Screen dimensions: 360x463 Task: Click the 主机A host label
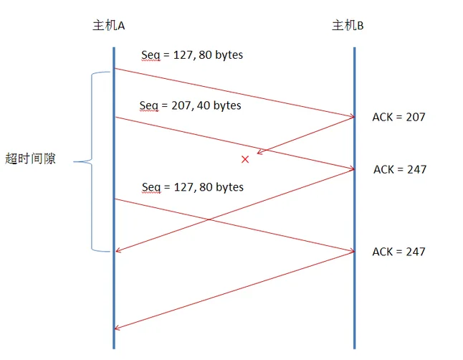point(109,26)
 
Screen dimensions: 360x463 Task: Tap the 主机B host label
point(348,26)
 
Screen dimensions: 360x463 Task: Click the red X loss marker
point(245,158)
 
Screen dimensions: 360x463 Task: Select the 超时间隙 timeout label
point(30,159)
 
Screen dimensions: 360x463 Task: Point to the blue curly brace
point(91,161)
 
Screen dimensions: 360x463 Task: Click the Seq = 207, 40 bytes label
point(190,105)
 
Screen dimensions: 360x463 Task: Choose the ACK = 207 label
point(398,116)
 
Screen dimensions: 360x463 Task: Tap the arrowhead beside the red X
point(260,152)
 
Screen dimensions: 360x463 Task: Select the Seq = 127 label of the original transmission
point(192,55)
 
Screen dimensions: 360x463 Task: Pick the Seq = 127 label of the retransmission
point(192,187)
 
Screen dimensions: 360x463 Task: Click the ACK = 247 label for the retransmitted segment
point(398,252)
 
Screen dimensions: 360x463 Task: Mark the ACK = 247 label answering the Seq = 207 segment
point(399,169)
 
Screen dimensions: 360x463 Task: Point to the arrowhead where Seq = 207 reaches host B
point(352,169)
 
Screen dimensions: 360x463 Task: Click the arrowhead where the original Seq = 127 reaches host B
point(352,116)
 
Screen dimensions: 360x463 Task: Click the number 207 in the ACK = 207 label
point(415,116)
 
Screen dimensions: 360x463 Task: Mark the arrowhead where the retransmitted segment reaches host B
point(352,251)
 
